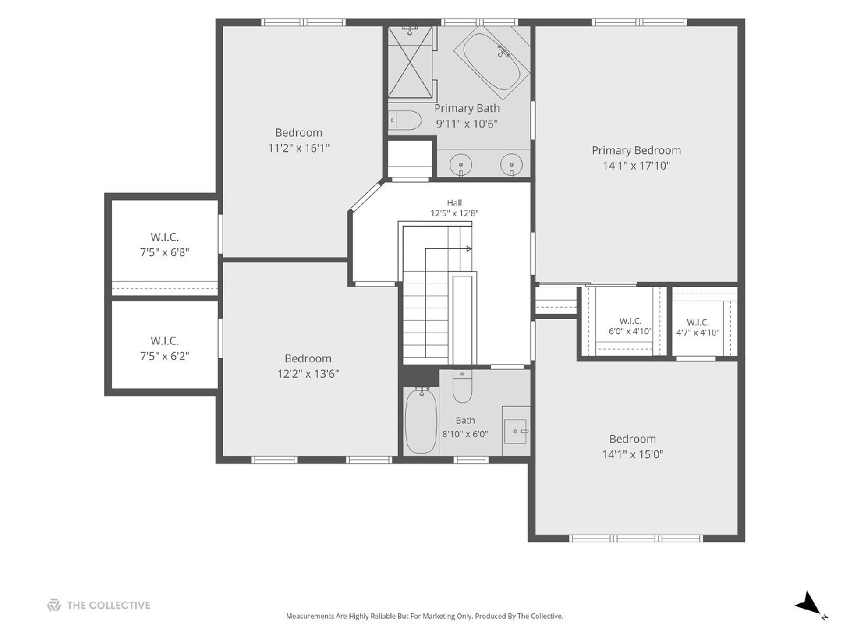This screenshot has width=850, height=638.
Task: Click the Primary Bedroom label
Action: pos(636,150)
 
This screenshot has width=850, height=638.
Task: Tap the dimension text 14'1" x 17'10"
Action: pos(636,166)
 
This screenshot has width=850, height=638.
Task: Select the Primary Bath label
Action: pos(467,108)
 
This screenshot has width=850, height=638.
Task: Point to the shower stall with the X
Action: pos(410,62)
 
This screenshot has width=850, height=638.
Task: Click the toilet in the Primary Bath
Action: pos(404,121)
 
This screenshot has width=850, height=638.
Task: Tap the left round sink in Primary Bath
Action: pos(461,164)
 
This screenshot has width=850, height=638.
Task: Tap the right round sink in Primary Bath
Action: pos(511,164)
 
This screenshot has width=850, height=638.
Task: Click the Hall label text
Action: pos(454,203)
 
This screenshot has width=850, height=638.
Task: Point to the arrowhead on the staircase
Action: pos(469,248)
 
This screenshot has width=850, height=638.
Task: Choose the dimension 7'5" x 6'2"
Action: pos(164,356)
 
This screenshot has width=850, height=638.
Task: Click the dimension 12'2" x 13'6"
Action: pos(308,374)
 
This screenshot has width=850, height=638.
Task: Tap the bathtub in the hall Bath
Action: pos(421,421)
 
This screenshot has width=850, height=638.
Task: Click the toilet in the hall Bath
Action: pos(462,387)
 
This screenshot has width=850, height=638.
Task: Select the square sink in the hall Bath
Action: pos(516,431)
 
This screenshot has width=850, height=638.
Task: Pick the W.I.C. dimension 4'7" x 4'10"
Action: pos(698,332)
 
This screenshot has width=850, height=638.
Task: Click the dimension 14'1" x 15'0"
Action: pos(633,454)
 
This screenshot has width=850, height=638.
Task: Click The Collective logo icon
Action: pos(54,605)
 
